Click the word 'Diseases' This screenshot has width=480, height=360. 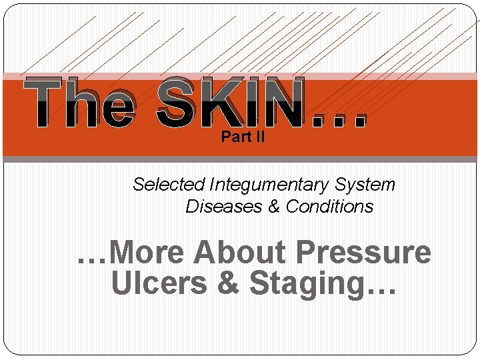[224, 207]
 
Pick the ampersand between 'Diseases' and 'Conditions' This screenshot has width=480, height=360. [274, 207]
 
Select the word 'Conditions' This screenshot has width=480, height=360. [329, 207]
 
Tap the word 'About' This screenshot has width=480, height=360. [240, 253]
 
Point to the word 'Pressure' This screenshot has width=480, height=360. [363, 253]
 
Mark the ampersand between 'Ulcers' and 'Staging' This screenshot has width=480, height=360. [229, 283]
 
